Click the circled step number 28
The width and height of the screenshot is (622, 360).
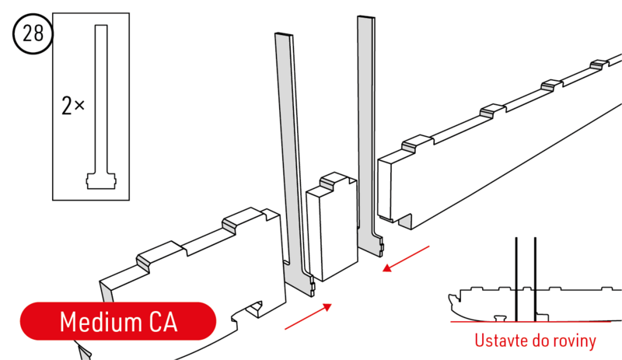[33, 33]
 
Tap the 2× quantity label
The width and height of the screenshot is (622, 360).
[73, 106]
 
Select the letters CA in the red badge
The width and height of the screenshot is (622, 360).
[163, 321]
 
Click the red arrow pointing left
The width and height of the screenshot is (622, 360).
[406, 259]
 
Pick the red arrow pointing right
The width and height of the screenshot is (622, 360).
[308, 316]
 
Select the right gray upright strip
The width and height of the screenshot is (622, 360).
[368, 136]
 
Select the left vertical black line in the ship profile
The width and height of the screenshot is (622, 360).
[516, 279]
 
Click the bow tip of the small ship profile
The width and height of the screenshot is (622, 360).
[450, 296]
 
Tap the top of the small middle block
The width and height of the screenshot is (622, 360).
[332, 183]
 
